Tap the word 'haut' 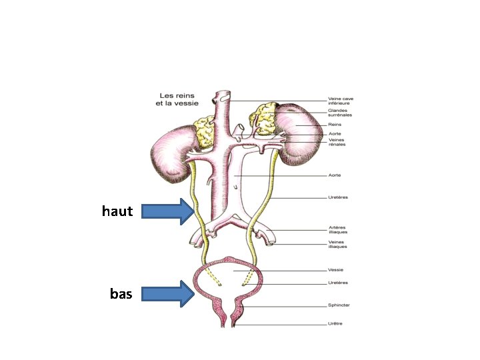pos(117,211)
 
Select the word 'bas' pos(121,293)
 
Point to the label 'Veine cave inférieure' pos(341,101)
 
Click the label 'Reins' pos(335,124)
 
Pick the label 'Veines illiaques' pos(338,244)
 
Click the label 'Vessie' pos(336,270)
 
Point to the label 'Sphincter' pos(339,305)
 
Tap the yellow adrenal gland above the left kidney pos(203,131)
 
